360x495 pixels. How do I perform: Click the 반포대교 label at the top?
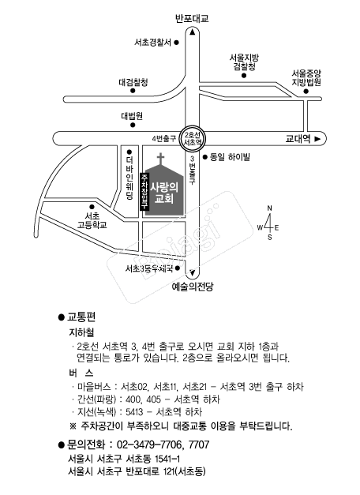[192, 19]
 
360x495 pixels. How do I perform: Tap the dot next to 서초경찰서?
[177, 43]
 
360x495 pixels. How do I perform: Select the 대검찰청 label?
[133, 83]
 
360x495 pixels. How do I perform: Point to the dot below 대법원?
[133, 125]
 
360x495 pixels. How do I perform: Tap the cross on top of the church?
[161, 159]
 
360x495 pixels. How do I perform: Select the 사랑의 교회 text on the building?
[164, 193]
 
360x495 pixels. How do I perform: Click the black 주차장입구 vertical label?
[144, 192]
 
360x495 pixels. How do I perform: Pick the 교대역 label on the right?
[298, 139]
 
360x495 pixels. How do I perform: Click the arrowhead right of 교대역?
[318, 139]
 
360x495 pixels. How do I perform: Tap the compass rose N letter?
[269, 208]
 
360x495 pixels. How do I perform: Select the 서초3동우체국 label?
[149, 268]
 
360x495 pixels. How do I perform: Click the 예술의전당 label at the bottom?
[193, 287]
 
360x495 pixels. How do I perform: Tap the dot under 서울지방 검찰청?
[244, 76]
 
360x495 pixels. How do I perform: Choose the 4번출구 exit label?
[163, 139]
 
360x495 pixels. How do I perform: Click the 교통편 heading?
[81, 317]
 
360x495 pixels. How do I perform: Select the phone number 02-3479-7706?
[149, 444]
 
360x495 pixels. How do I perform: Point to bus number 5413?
[134, 412]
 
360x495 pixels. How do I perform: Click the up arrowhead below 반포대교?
[193, 32]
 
